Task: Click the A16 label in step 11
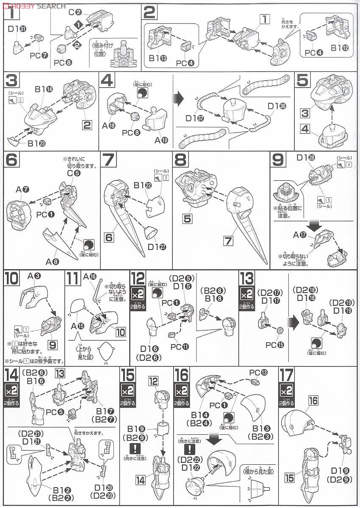[89, 276]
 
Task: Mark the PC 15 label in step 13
[273, 345]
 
